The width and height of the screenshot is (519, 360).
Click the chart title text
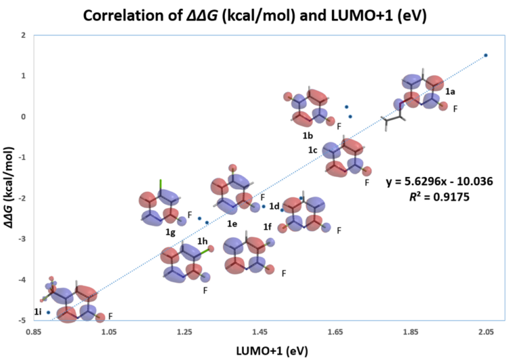(259, 14)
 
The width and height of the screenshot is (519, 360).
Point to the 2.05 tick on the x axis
(485, 332)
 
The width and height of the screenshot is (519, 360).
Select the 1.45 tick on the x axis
(259, 332)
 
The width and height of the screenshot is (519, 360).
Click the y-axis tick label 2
(24, 35)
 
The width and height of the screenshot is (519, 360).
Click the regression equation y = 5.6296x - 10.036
(439, 182)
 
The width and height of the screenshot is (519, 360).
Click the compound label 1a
(450, 90)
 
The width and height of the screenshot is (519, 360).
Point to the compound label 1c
(312, 149)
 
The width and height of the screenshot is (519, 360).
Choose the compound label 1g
(170, 232)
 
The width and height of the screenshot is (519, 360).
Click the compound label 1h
(202, 240)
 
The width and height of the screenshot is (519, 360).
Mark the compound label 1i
(39, 312)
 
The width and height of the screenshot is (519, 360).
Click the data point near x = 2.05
(486, 55)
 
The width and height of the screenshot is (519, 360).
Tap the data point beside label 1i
(49, 312)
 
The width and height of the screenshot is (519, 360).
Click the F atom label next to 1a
(455, 109)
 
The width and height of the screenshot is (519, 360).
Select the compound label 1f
(268, 228)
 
